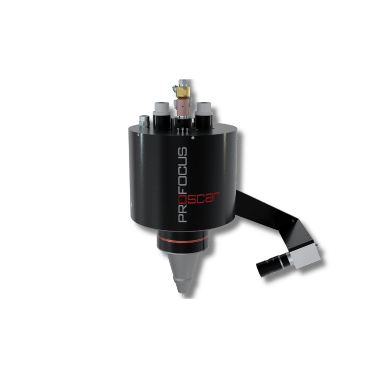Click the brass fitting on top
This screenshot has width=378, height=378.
click(x=183, y=92)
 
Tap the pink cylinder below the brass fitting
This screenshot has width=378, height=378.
click(x=183, y=107)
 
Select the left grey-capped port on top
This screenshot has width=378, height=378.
click(x=162, y=109)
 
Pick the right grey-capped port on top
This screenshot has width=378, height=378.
click(x=204, y=109)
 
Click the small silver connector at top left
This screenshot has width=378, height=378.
click(x=144, y=120)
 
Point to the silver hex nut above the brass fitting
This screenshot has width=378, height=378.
click(x=184, y=83)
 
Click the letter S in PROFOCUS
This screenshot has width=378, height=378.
click(x=182, y=152)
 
